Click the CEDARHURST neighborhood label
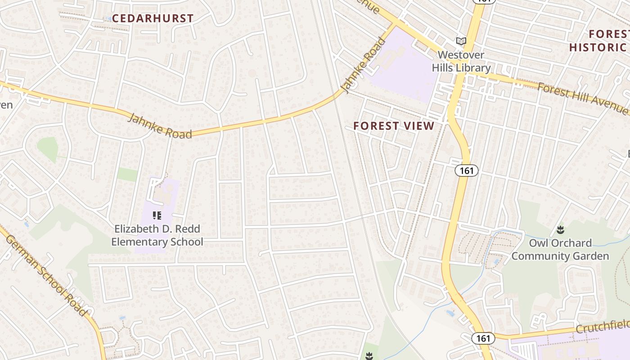153,18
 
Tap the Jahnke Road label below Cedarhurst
160,126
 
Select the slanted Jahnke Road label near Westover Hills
365,65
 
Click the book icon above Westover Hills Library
461,41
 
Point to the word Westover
461,55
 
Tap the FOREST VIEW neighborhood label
394,126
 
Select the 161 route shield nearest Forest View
466,171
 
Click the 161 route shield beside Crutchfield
483,338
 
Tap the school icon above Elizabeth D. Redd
157,216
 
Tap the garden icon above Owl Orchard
560,230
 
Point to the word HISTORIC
597,47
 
